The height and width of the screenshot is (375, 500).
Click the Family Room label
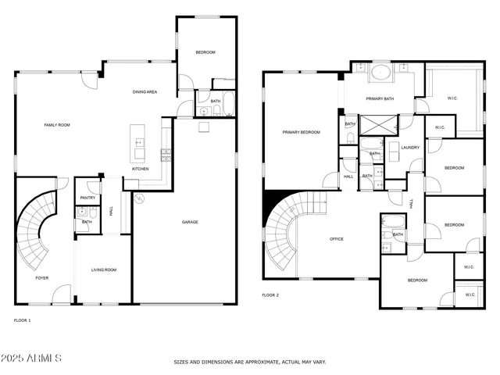57,125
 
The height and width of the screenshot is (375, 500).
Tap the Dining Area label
145,92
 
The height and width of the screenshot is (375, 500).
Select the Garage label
190,222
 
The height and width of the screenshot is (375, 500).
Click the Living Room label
104,270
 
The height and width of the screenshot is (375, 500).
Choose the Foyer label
41,277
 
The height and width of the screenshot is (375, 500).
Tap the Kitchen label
140,169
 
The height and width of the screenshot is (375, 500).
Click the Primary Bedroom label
301,133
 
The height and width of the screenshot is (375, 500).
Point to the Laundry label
410,148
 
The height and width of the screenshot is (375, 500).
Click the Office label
337,239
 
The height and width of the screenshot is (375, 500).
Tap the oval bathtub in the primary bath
381,75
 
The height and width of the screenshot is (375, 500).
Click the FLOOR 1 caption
23,320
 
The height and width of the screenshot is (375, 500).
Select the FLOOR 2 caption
270,295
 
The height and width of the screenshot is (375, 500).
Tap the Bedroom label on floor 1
205,52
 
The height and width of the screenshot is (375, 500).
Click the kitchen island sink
140,143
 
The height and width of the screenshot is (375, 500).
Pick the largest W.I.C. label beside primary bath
452,98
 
